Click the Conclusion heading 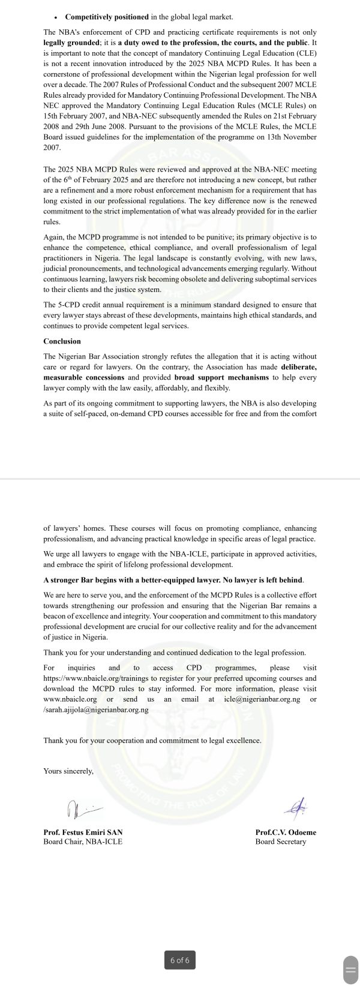pyautogui.click(x=62, y=341)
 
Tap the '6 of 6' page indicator pyautogui.click(x=179, y=960)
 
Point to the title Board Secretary pyautogui.click(x=280, y=841)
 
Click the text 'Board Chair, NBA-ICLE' pyautogui.click(x=82, y=841)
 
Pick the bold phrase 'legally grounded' pyautogui.click(x=71, y=43)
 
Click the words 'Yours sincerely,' pyautogui.click(x=68, y=771)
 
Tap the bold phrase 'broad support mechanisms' pyautogui.click(x=222, y=377)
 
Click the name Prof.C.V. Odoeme pyautogui.click(x=286, y=832)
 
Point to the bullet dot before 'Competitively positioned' pyautogui.click(x=55, y=17)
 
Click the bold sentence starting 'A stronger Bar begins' pyautogui.click(x=173, y=580)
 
